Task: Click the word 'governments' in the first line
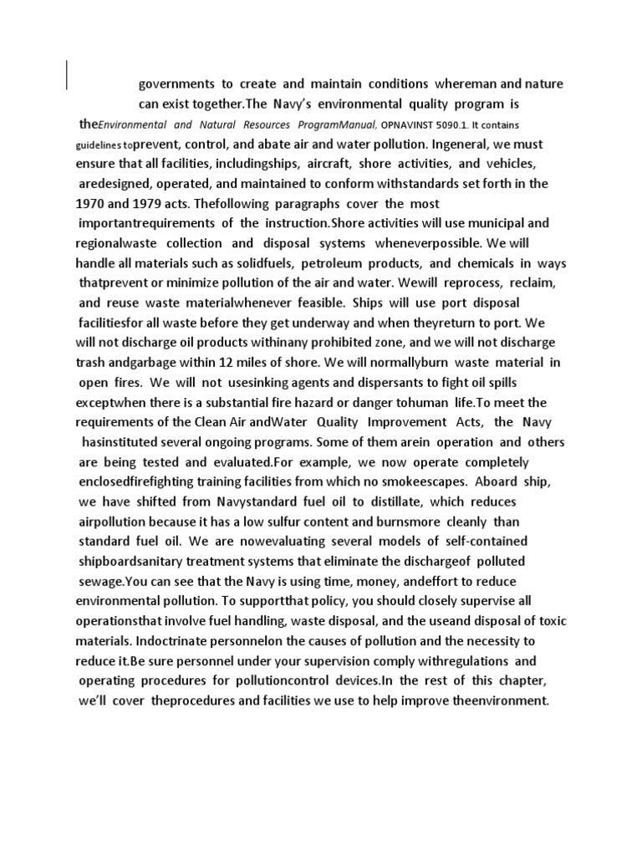click(175, 84)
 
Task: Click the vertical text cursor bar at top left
click(67, 74)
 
